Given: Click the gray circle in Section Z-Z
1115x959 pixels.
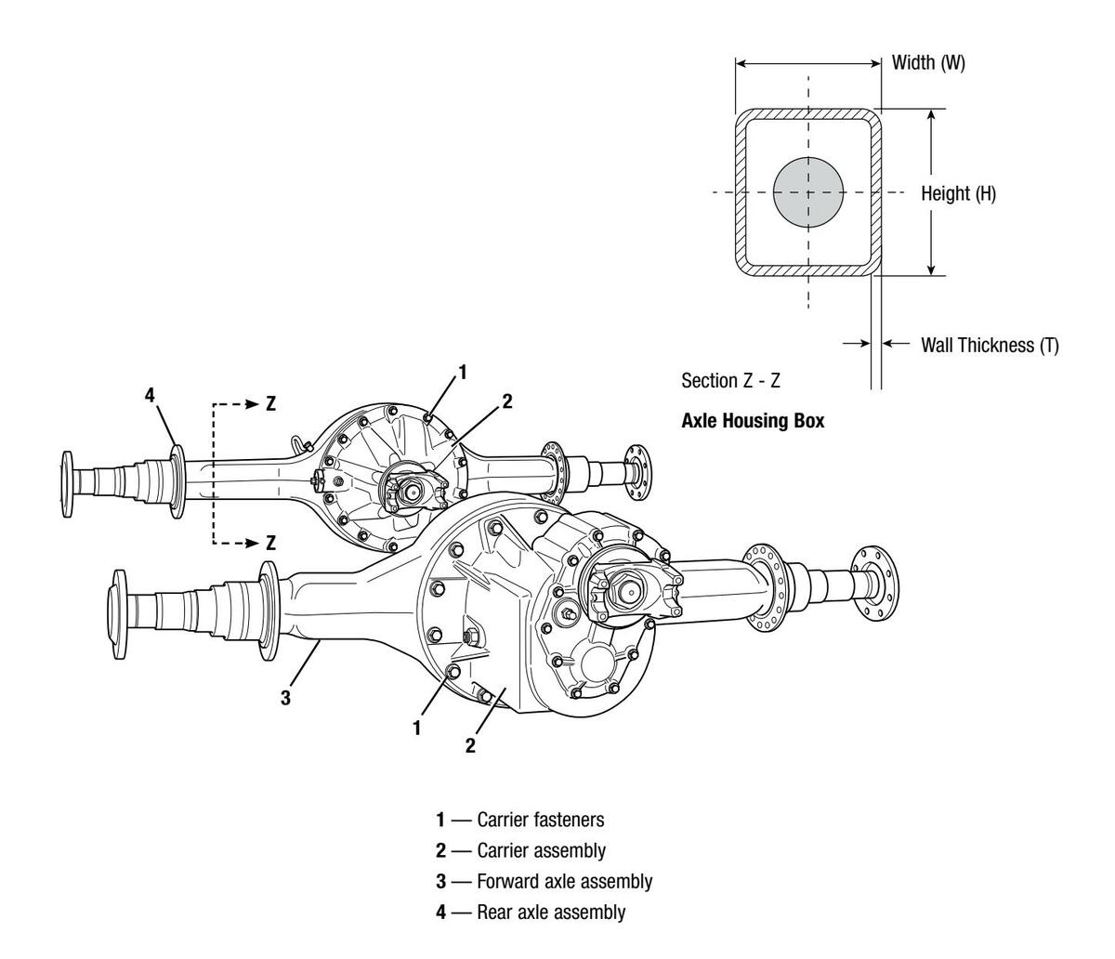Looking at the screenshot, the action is click(x=808, y=192).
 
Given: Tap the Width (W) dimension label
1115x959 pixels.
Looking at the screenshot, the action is click(x=928, y=62).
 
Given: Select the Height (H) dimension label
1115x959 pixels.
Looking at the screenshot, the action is click(x=958, y=193).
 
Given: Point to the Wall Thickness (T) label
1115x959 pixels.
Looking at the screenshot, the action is click(x=990, y=345).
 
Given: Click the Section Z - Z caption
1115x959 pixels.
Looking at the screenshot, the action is click(x=730, y=381).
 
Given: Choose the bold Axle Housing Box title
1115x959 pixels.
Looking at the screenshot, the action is click(x=753, y=421).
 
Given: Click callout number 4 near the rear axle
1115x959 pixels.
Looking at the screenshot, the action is click(x=150, y=395).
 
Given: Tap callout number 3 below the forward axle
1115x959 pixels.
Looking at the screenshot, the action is click(x=285, y=698).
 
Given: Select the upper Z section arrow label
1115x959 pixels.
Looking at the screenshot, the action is click(x=270, y=403).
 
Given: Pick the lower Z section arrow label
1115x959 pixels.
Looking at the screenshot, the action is click(x=270, y=543).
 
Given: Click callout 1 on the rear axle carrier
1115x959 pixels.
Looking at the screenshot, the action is click(x=463, y=372).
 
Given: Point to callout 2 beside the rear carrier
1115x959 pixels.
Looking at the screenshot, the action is click(x=507, y=401).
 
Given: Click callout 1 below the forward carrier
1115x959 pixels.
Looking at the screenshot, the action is click(x=416, y=729).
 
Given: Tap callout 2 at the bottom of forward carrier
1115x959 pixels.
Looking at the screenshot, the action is click(x=470, y=745).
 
